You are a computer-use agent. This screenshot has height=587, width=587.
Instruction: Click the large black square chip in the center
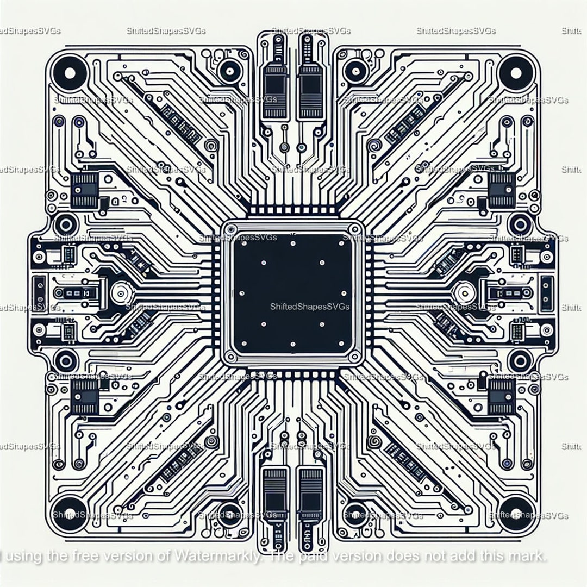(x=293, y=293)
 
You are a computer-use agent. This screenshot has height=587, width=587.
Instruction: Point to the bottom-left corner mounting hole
(x=70, y=513)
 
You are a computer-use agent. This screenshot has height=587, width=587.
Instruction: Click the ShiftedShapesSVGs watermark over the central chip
(x=309, y=307)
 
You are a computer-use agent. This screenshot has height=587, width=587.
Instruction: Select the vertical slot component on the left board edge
(x=39, y=286)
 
